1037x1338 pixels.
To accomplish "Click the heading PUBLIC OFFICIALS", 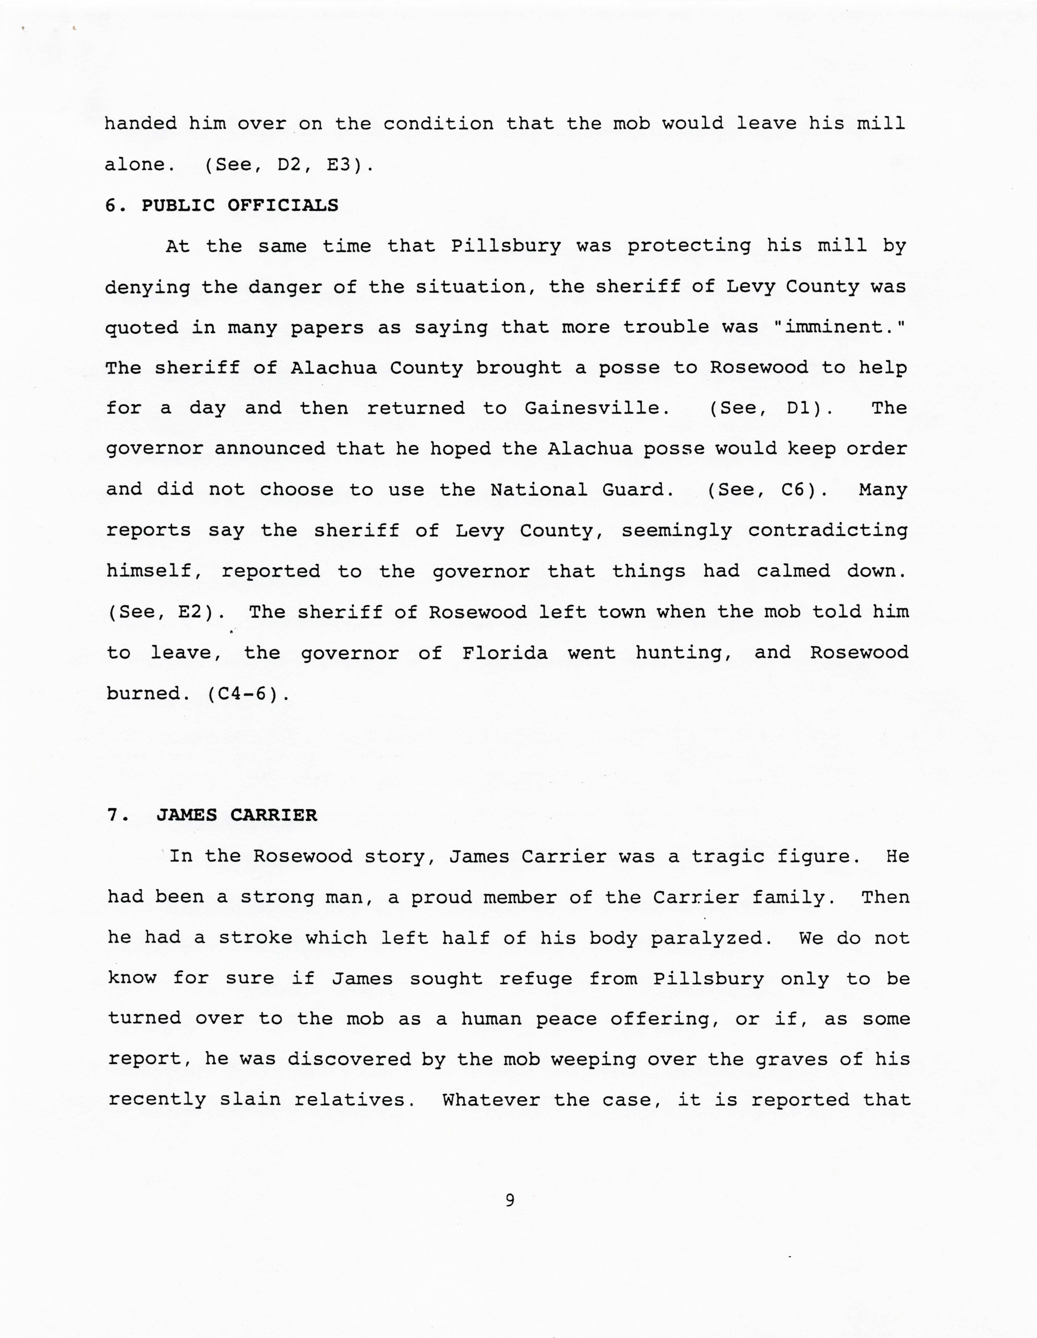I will [x=240, y=205].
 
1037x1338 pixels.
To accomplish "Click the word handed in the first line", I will [x=140, y=124].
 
